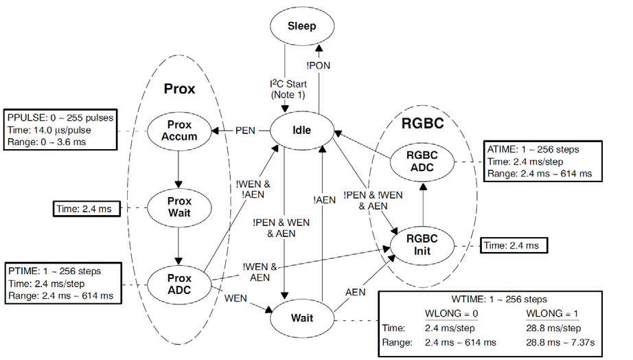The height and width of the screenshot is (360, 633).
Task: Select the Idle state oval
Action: coord(301,130)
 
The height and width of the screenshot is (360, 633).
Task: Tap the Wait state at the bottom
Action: coord(301,319)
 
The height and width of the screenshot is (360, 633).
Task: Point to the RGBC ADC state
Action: coord(422,159)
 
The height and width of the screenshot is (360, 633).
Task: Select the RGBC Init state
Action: coord(422,245)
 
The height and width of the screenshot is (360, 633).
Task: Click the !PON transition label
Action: coord(317,67)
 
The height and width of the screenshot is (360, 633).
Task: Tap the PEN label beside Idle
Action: coord(245,130)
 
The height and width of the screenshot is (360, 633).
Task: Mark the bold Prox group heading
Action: coord(179,89)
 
